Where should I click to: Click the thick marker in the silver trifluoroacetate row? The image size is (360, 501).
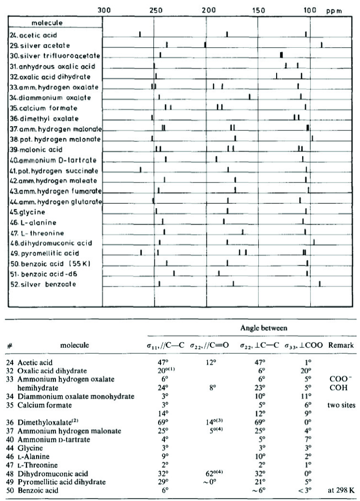coord(281,54)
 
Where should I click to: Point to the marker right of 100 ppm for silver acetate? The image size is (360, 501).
coord(321,44)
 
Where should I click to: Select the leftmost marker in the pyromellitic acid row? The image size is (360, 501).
coord(141,252)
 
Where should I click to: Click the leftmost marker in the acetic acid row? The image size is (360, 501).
coord(140,34)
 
